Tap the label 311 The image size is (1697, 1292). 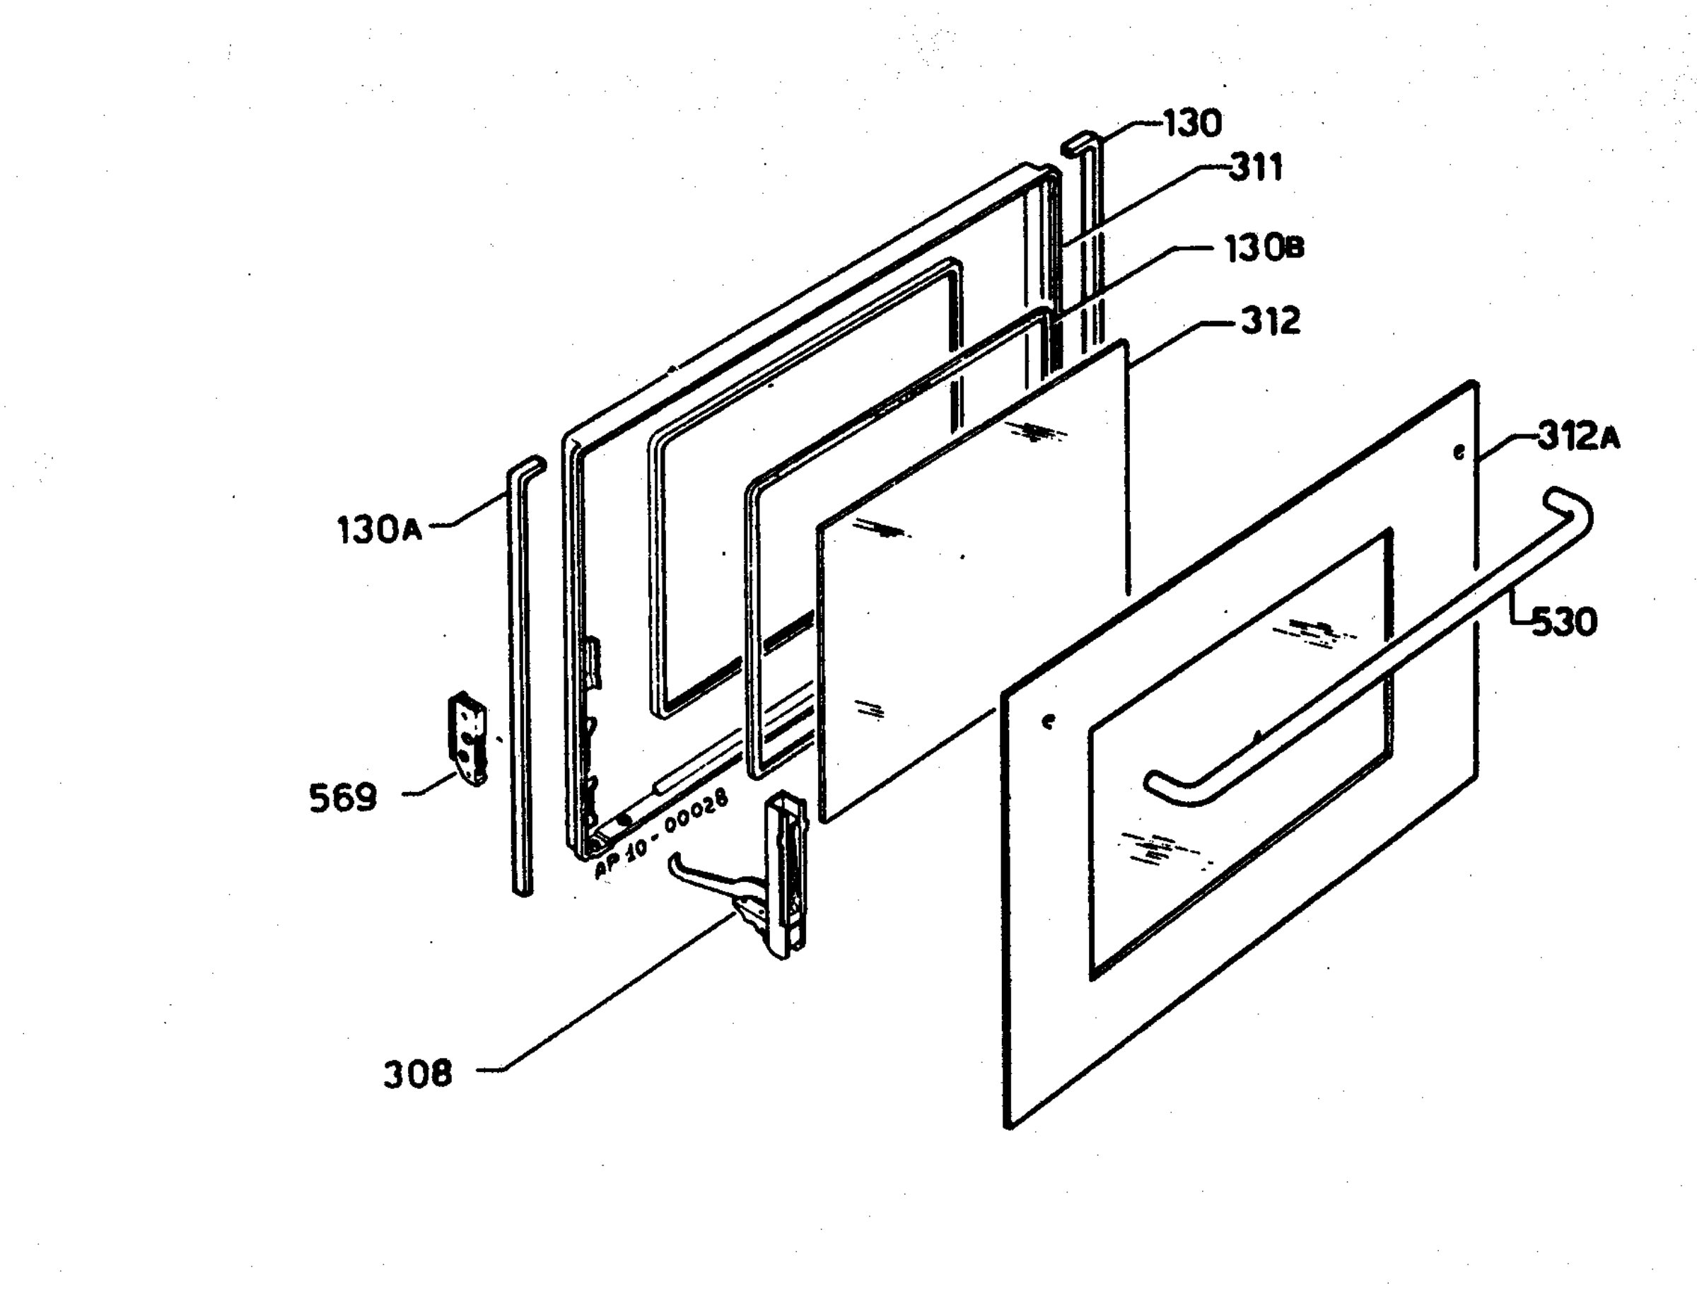[1256, 168]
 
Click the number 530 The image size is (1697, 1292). [1565, 622]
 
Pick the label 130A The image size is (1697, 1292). [380, 530]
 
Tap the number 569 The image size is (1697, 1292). [343, 798]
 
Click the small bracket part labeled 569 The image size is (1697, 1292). [468, 738]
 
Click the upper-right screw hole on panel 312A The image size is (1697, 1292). [1459, 452]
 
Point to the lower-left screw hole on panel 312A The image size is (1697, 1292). [1047, 721]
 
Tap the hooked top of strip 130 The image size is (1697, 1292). [1080, 143]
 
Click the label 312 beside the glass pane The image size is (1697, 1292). [1270, 320]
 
